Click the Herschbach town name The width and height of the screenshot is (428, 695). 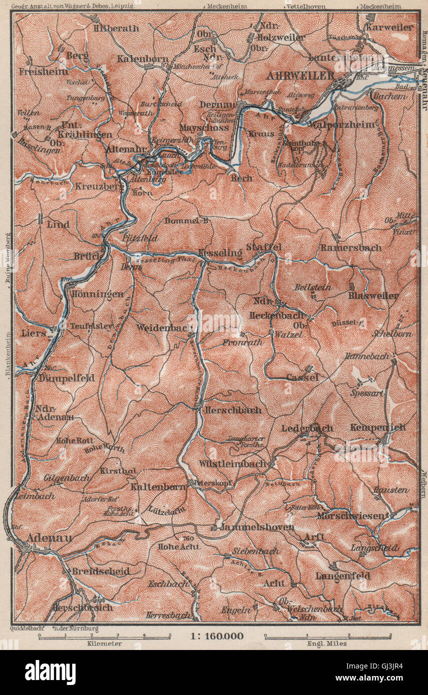pos(232,410)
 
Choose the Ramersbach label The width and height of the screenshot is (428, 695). pos(351,247)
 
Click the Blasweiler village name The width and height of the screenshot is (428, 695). pos(373,295)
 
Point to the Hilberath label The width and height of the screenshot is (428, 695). pos(116,28)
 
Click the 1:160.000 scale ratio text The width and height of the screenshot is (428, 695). pos(217,636)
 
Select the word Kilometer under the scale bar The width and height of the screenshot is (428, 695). pos(105,644)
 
